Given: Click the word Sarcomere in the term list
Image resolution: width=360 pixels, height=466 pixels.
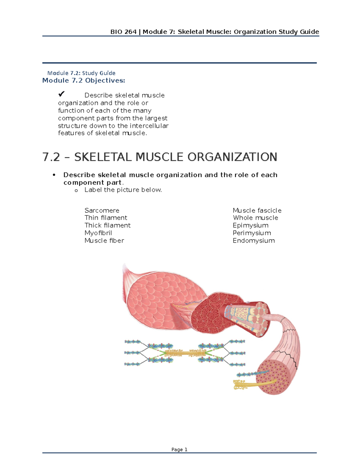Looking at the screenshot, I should tap(102, 210).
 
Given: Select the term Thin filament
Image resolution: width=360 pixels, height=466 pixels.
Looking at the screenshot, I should tap(106, 218).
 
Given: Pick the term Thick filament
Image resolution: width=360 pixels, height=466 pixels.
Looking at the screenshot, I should tap(107, 225).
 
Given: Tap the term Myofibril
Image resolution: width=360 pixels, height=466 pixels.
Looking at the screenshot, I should tap(98, 233).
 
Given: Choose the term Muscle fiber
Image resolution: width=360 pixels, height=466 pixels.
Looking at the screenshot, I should tap(104, 241).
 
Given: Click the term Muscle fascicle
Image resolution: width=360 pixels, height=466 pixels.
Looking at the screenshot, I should tap(257, 210).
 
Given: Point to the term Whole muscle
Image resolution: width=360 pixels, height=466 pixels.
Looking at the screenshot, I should tap(255, 218).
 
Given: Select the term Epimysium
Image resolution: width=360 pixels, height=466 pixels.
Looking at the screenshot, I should tap(250, 225).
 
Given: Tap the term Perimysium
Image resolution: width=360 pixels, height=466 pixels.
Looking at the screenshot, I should tap(252, 233).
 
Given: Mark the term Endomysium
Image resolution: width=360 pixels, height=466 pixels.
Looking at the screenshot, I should tap(253, 241).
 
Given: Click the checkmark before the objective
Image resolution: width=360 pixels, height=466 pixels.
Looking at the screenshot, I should tap(61, 94).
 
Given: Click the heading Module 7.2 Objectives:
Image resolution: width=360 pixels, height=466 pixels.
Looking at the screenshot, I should tap(83, 80).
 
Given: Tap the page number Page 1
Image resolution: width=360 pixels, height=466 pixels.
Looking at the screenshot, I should tap(179, 449).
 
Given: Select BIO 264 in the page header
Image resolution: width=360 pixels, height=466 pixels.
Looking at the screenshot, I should tap(123, 32).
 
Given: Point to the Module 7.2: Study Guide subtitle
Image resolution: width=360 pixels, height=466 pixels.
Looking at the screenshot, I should tap(81, 73).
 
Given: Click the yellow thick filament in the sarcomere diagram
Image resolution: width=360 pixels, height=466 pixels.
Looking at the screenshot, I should tap(184, 353).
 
